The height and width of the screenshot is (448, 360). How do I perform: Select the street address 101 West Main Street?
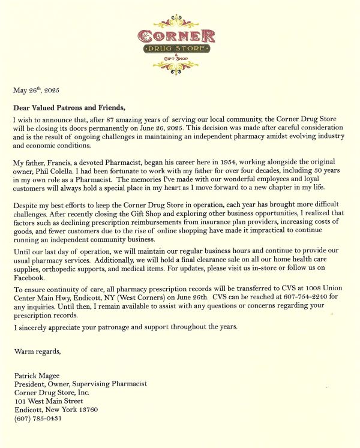(49, 401)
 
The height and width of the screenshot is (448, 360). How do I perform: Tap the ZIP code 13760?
(86, 410)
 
